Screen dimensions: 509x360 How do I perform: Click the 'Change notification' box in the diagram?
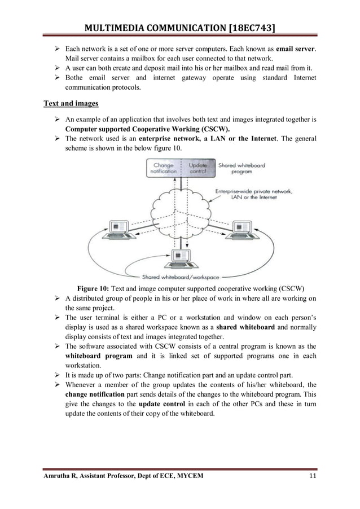coord(163,168)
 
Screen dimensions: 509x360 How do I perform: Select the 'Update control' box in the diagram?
coord(197,168)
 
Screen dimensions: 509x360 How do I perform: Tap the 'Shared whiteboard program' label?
coord(242,168)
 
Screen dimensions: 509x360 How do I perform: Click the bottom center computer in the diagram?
coord(181,259)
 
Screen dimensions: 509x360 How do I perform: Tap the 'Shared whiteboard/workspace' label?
coord(181,277)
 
